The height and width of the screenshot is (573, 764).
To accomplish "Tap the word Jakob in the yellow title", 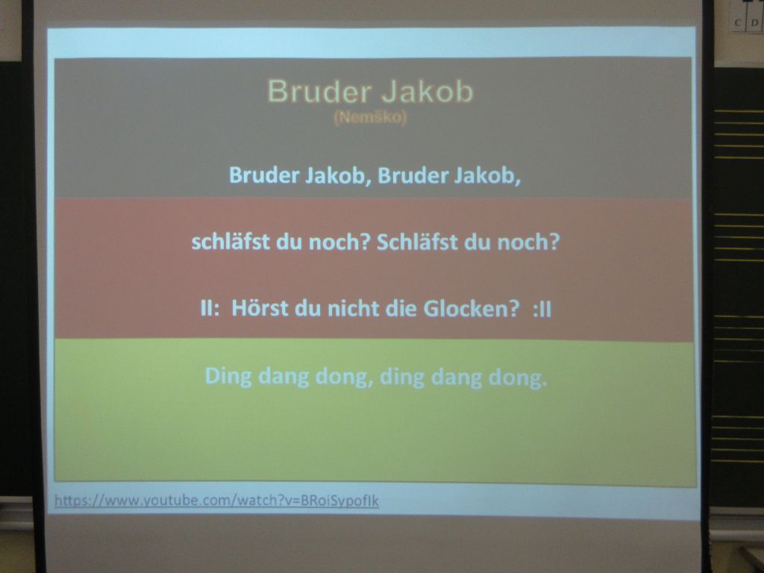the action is click(428, 91).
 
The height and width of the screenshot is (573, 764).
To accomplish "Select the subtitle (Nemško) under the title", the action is click(370, 118).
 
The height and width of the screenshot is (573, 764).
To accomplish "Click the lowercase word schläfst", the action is click(230, 242).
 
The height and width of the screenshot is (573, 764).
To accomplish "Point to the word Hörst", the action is click(260, 308).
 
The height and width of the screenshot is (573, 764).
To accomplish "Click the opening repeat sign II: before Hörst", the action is click(210, 309).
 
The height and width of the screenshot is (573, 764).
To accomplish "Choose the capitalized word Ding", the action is click(228, 377).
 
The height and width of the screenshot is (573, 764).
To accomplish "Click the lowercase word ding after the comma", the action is click(402, 378).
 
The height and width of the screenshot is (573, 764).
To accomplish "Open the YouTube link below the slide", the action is click(216, 501).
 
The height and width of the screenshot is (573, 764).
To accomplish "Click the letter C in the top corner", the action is click(738, 22).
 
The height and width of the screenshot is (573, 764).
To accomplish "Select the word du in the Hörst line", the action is click(307, 308).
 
